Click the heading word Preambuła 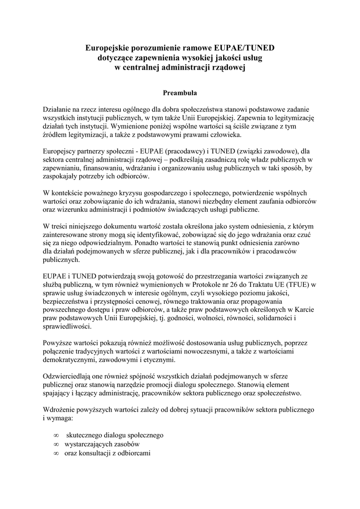(x=180, y=92)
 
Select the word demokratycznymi (x=72, y=360)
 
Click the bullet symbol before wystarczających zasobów (x=56, y=444)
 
